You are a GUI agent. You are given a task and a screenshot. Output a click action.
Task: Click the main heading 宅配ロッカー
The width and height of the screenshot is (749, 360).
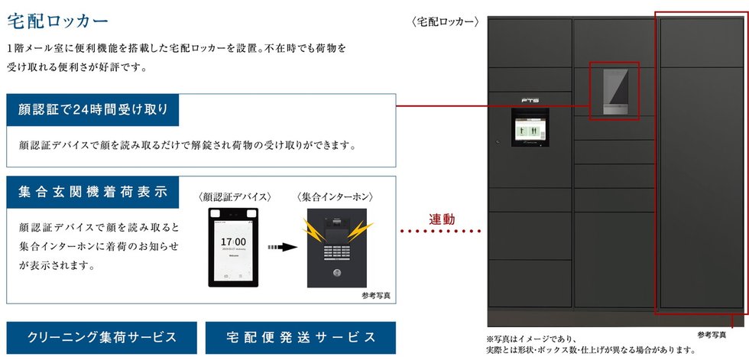[57, 20]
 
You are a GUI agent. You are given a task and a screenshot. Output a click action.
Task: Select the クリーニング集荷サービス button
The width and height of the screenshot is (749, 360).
[102, 337]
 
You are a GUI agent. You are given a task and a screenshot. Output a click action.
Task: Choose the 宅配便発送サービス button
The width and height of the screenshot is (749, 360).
[300, 337]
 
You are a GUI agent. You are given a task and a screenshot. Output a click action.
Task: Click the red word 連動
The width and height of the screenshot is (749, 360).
[442, 219]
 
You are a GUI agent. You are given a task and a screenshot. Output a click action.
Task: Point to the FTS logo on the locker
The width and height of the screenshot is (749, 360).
[529, 99]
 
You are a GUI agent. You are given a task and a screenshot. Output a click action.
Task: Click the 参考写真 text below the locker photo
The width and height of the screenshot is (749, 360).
[712, 335]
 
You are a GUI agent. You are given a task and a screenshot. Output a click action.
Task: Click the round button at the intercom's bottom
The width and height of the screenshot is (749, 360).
[336, 273]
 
